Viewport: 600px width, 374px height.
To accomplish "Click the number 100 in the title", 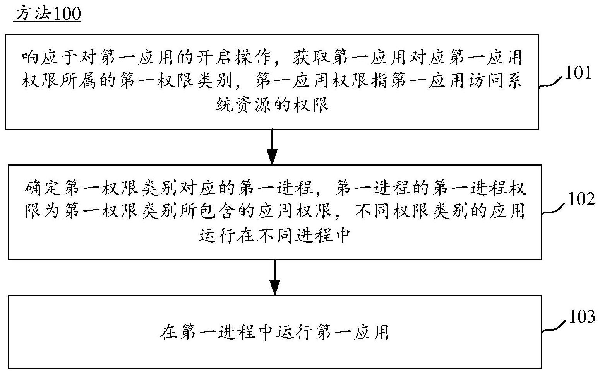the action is pos(67,13).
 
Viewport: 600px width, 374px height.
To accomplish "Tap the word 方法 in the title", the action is pos(33,13).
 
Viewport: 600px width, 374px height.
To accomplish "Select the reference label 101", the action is pos(578,72).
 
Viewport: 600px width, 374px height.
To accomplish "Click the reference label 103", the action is pos(582,316).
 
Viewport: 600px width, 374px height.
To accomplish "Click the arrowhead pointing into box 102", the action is pos(272,157).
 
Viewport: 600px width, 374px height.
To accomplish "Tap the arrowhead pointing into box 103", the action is pos(275,288).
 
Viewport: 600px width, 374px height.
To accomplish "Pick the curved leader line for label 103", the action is pos(555,326).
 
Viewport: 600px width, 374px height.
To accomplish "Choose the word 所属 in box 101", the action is pos(78,80).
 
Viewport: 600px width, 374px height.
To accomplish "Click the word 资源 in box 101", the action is pos(254,104).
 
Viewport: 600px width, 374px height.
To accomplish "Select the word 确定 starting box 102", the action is pos(42,188).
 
